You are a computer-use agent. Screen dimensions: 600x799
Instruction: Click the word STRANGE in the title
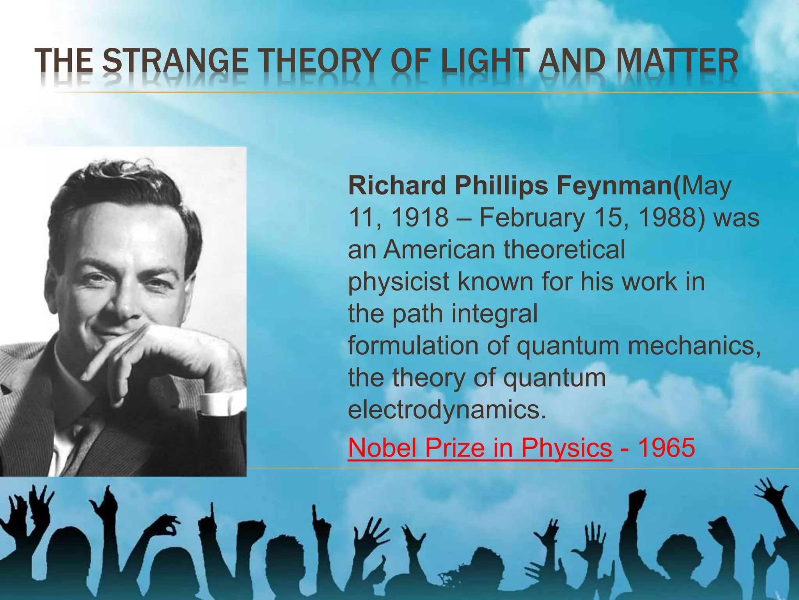tap(176, 62)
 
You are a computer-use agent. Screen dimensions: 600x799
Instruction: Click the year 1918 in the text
tap(419, 217)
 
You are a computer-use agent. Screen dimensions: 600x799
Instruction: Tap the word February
tap(532, 217)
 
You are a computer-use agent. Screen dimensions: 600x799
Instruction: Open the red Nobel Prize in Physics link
tap(480, 448)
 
